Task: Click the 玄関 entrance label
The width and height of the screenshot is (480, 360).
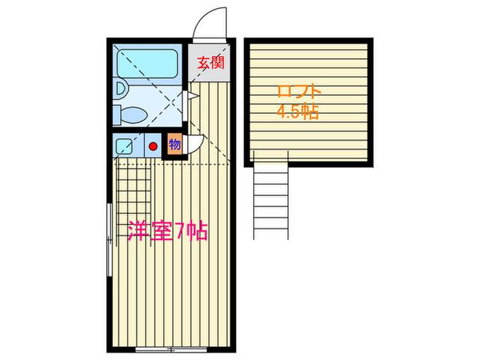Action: click(x=211, y=62)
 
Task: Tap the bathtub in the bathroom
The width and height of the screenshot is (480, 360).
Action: click(x=147, y=64)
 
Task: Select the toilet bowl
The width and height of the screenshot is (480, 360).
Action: click(x=134, y=115)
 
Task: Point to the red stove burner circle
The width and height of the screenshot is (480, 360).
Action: click(x=153, y=147)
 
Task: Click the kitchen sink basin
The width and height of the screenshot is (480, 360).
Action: click(x=124, y=146)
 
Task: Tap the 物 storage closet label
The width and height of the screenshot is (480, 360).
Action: click(x=174, y=144)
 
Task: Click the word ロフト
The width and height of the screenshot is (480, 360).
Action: click(x=298, y=92)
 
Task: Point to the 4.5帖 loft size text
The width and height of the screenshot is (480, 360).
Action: click(x=298, y=111)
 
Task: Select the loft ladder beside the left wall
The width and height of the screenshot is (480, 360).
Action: click(x=134, y=204)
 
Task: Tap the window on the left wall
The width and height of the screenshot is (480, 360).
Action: click(x=109, y=239)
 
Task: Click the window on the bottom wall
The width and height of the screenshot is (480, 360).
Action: click(x=171, y=348)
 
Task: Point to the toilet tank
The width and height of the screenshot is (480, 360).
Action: click(x=117, y=115)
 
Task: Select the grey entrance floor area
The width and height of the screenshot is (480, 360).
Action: click(x=208, y=63)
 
